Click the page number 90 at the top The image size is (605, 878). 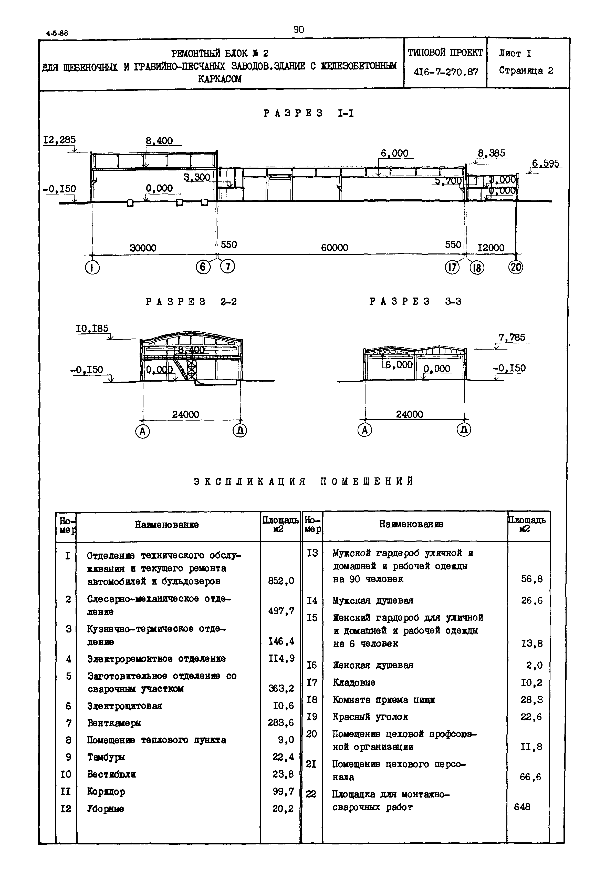(299, 29)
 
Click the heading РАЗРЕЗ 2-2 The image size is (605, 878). (191, 302)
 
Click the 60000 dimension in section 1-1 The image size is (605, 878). (334, 248)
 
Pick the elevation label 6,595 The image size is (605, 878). (546, 164)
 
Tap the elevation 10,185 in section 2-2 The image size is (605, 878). (92, 329)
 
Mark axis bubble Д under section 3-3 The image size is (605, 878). (464, 430)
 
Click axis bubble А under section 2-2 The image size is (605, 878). (142, 431)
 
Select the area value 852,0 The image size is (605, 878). (281, 581)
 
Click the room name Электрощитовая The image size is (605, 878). (125, 706)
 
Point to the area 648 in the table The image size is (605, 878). (522, 807)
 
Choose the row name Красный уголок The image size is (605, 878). (370, 717)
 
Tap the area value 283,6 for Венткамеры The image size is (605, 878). (281, 722)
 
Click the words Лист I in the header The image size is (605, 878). (515, 54)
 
